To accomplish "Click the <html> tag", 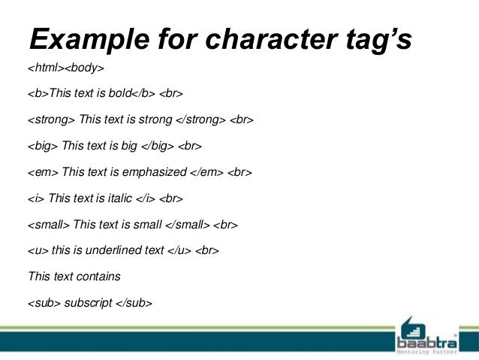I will point(45,69).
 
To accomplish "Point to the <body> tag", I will point(84,69).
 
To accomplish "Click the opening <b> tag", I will point(38,95).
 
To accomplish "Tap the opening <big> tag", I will point(43,147).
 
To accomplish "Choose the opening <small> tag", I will point(49,224).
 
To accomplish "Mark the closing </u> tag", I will point(179,250).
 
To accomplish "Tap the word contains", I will point(98,276).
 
